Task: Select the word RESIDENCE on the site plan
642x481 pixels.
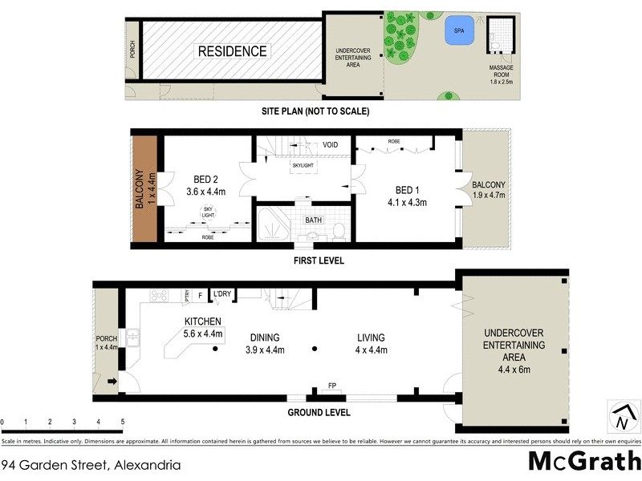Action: (233, 51)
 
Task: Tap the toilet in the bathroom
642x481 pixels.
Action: (339, 232)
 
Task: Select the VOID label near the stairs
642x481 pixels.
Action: (330, 145)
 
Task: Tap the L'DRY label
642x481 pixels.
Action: (221, 294)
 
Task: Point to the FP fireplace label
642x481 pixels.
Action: (331, 386)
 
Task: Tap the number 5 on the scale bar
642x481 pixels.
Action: (122, 422)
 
